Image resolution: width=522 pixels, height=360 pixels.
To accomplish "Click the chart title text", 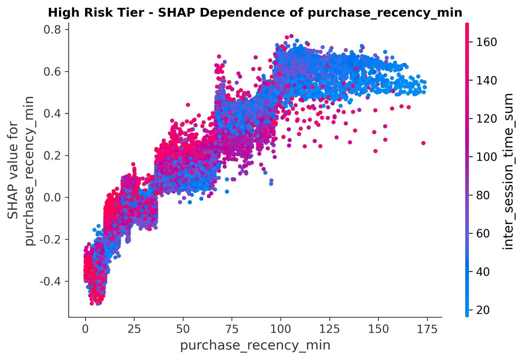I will tap(255, 13).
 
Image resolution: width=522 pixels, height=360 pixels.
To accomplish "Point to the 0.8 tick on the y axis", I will tap(52, 30).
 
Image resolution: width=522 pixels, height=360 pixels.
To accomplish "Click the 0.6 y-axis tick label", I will tap(52, 71).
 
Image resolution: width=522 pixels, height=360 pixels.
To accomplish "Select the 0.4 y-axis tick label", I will tap(52, 114).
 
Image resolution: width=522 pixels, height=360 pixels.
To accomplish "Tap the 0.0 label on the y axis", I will tap(52, 197).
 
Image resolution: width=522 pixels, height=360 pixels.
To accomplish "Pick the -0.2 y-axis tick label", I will tap(50, 240).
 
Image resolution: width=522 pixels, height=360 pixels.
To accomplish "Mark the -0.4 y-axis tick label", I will tap(50, 281).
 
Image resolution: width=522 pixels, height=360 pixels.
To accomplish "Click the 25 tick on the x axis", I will tap(134, 329).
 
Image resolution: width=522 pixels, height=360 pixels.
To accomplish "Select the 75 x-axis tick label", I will tap(232, 329).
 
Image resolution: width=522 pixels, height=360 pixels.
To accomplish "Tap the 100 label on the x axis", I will tap(281, 329).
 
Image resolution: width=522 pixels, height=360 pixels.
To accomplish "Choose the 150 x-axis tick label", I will tap(378, 329).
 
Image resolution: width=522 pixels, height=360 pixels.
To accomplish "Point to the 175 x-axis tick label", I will tap(427, 329).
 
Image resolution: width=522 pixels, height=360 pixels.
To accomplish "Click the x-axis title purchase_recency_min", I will tap(255, 345).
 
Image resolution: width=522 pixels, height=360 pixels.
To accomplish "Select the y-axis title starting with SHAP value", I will tap(21, 170).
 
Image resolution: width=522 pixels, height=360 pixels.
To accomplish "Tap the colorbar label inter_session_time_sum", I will tap(508, 171).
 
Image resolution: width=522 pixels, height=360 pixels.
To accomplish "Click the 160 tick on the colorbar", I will tap(486, 42).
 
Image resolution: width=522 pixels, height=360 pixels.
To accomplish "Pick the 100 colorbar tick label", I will tap(486, 157).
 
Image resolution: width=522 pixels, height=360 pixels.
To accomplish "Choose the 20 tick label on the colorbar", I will tap(483, 310).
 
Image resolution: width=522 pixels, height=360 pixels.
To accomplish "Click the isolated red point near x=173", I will tap(423, 143).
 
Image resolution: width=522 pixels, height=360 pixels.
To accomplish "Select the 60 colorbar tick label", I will tap(483, 233).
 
